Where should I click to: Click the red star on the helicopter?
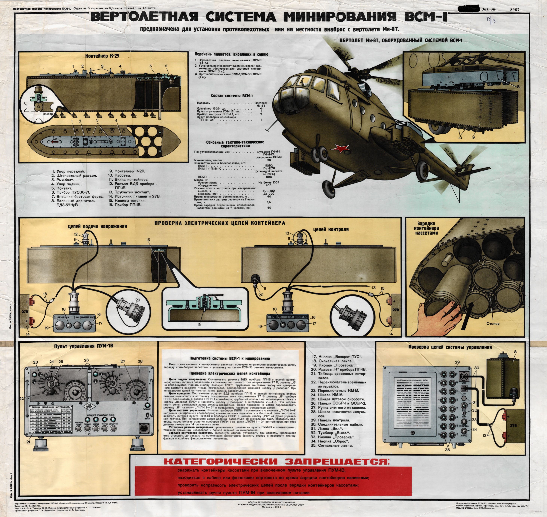coord(341,149)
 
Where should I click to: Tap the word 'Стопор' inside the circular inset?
coord(48,114)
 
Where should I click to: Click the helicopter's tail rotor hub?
coord(458,167)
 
